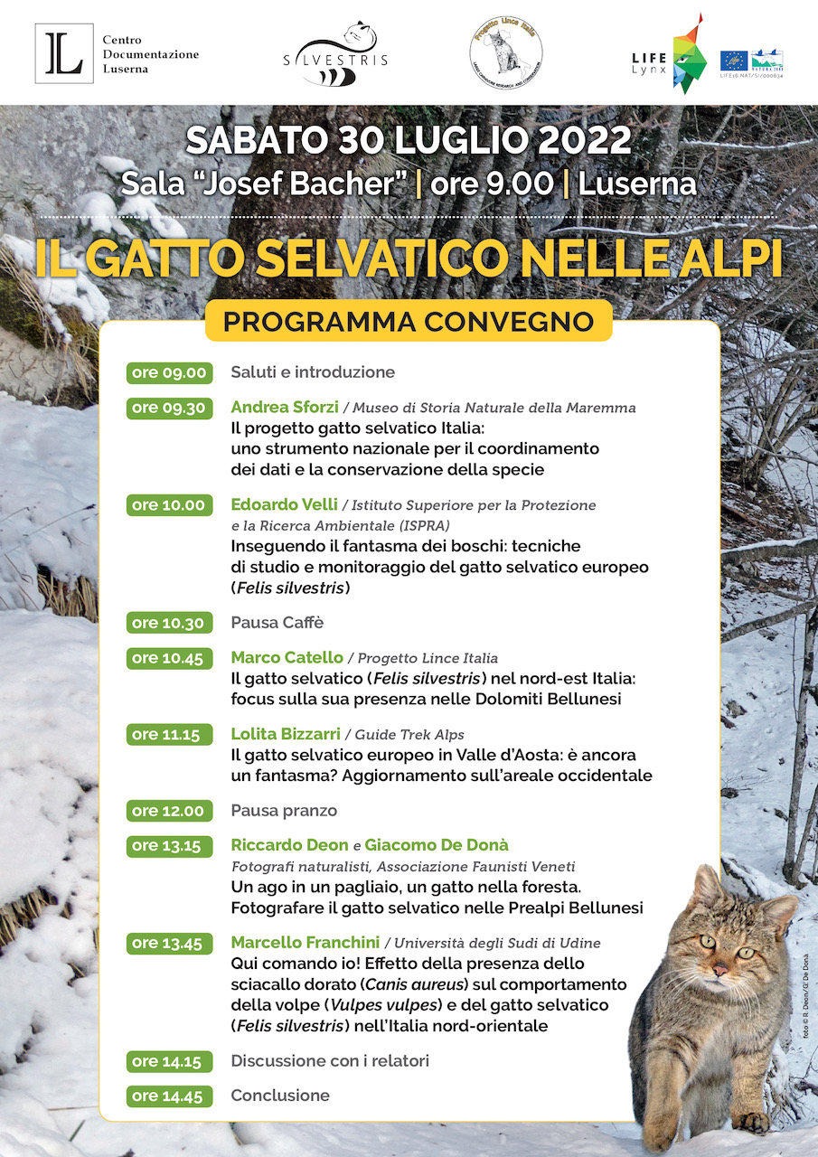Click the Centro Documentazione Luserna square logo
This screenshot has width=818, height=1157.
(63, 53)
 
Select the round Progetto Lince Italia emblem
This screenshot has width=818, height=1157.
(506, 52)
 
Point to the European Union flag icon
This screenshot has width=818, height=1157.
(733, 61)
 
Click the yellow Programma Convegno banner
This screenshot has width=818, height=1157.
(409, 322)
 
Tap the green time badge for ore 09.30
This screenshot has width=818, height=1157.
(170, 408)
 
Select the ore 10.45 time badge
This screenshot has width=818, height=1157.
(170, 658)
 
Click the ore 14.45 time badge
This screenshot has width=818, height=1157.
(170, 1096)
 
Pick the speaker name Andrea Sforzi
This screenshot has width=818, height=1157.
(283, 408)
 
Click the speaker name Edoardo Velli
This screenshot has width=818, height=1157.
(284, 504)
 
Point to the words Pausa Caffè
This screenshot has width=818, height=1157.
(277, 623)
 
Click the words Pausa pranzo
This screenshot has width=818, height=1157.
(284, 811)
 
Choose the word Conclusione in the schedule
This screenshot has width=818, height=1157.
(280, 1096)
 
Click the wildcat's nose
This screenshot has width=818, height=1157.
(719, 970)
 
